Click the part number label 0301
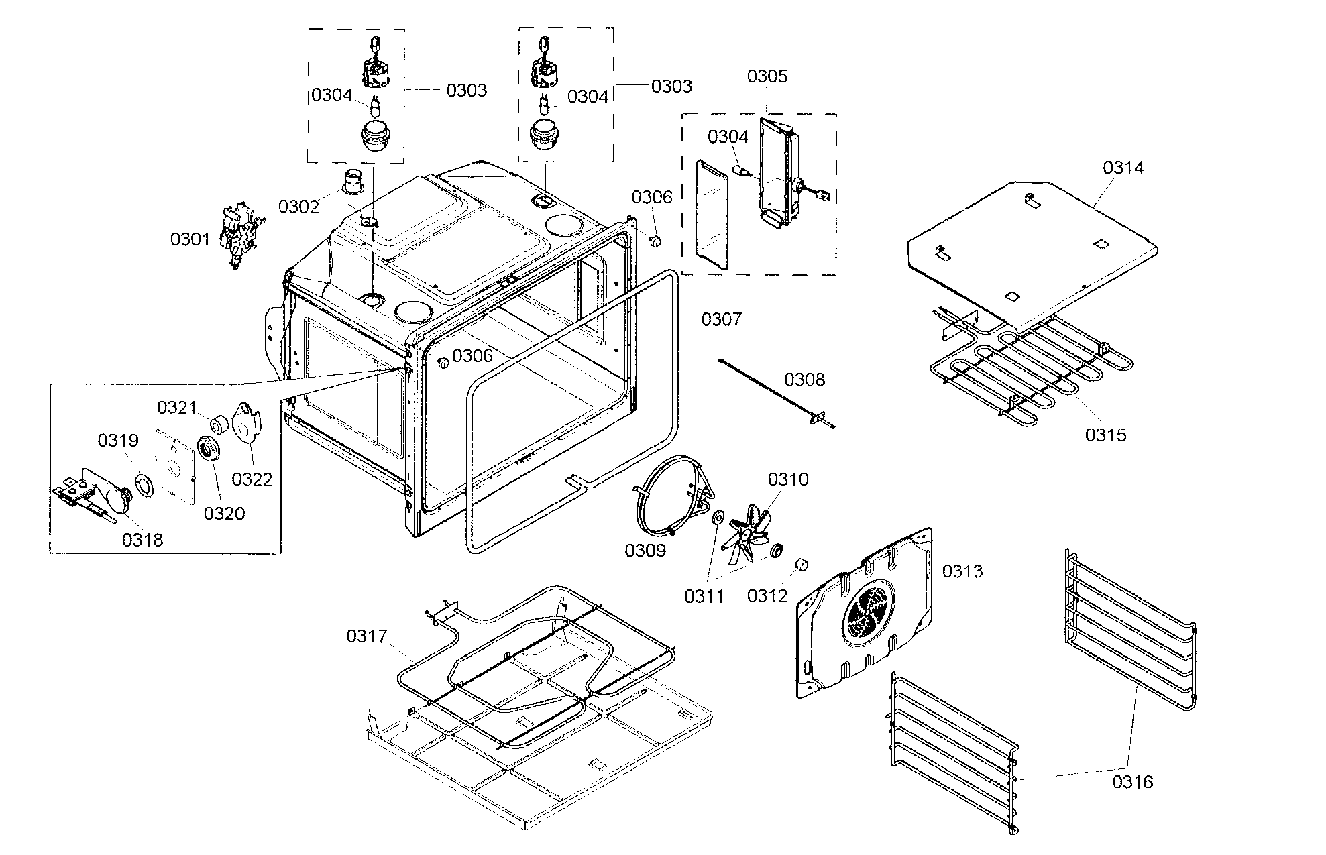point(190,239)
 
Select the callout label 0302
point(298,206)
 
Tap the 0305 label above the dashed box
point(767,76)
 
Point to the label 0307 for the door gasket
point(722,319)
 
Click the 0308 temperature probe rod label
point(804,380)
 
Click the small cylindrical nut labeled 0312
point(800,565)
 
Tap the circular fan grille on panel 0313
point(869,612)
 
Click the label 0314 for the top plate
point(1123,168)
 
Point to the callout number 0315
point(1106,435)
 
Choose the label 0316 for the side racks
point(1133,781)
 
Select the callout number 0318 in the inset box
point(142,539)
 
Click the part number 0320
point(224,513)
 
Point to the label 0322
point(252,479)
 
